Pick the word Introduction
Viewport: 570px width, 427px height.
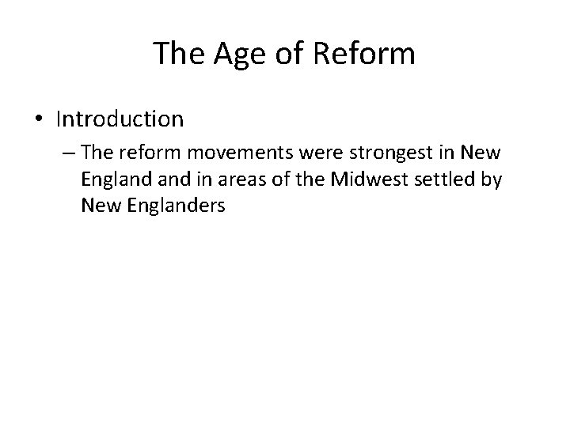[x=120, y=119]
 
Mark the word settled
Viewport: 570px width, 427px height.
[x=438, y=180]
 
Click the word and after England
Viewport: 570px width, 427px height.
[x=169, y=180]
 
